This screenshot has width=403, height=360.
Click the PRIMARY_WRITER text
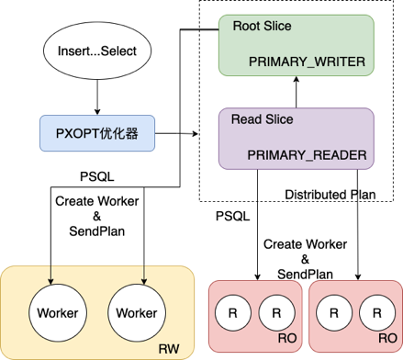(x=308, y=62)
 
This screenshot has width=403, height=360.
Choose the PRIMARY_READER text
(x=308, y=156)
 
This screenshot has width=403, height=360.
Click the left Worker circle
(x=57, y=313)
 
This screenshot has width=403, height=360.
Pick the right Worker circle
(x=136, y=313)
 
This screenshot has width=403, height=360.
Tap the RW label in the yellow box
(x=169, y=349)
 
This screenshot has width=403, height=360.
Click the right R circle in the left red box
(x=275, y=313)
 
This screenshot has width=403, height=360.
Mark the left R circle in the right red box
(x=333, y=313)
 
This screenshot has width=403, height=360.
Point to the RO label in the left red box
(x=286, y=349)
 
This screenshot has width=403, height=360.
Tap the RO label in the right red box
(x=385, y=349)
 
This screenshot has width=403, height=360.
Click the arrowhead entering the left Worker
(x=51, y=280)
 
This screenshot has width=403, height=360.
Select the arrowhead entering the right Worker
(x=145, y=280)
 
